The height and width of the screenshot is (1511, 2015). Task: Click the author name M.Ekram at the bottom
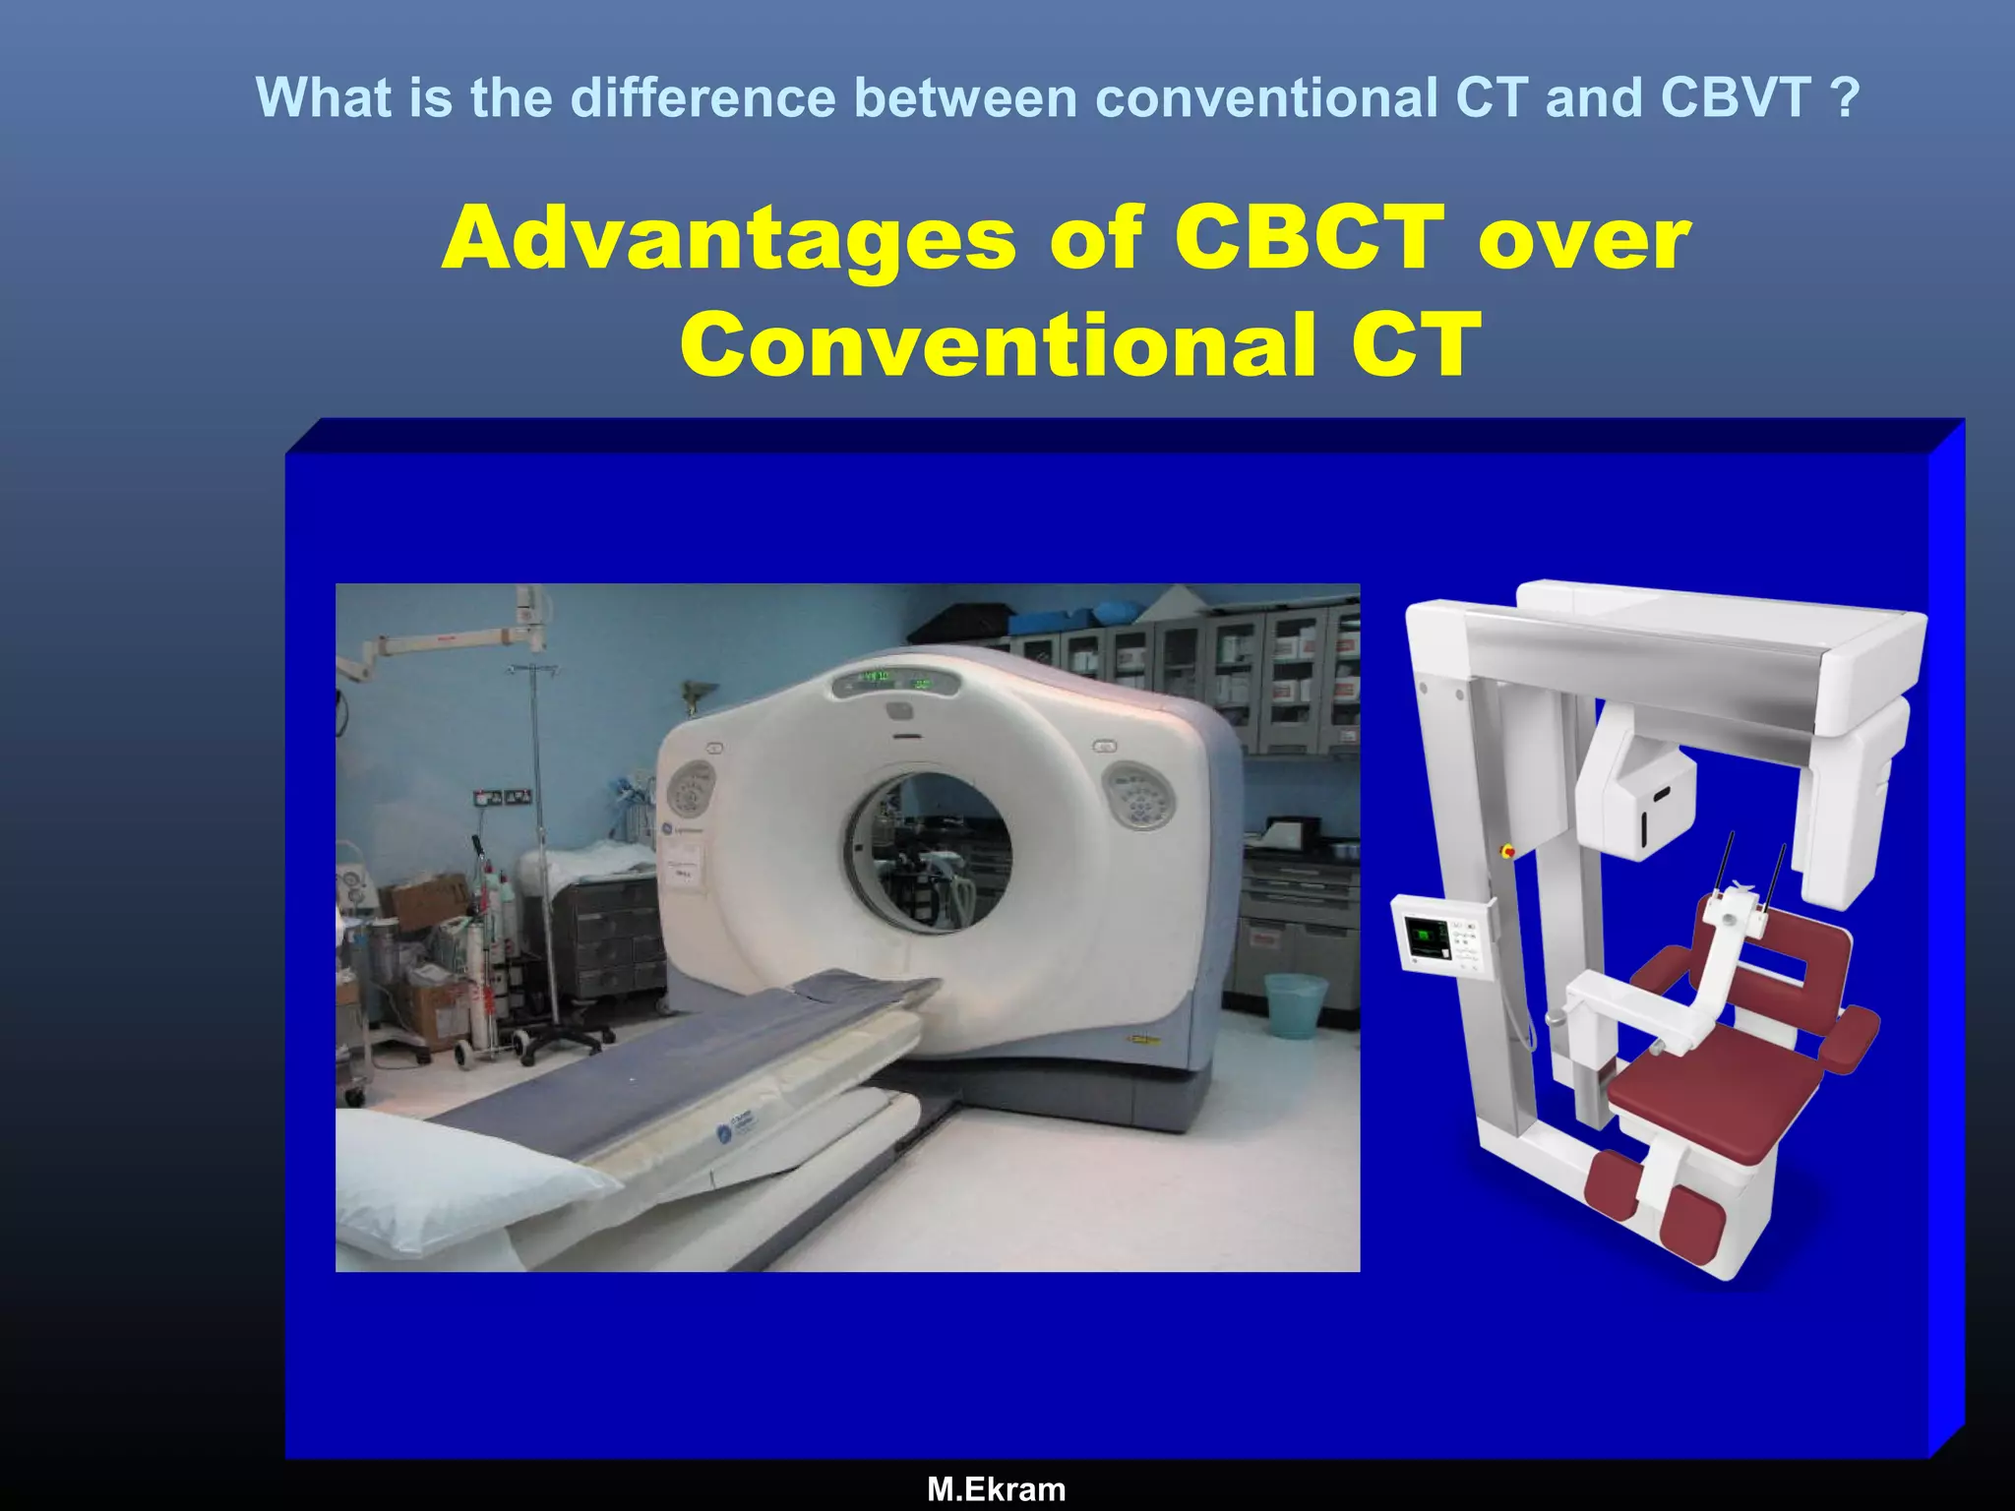tap(996, 1489)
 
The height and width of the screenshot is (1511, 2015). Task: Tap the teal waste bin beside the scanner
tap(1295, 1004)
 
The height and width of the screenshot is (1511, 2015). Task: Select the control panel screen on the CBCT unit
tap(1426, 938)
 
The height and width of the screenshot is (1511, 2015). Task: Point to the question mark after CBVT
tap(1848, 97)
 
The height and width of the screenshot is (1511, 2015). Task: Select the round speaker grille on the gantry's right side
tap(1139, 795)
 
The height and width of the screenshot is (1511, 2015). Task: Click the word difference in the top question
tap(702, 97)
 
